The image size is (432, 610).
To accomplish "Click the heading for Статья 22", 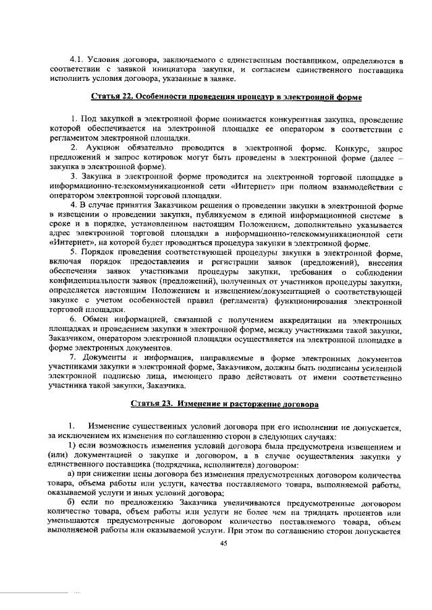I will (x=225, y=98).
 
